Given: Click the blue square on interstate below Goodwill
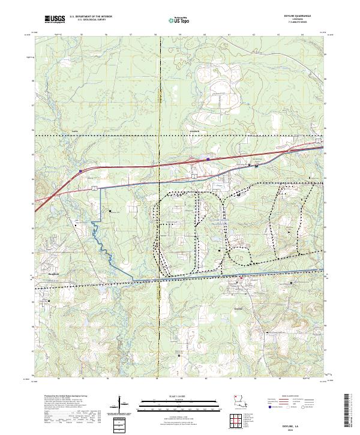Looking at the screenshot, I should tap(208, 159).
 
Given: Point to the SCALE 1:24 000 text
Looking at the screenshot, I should tap(179, 396).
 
